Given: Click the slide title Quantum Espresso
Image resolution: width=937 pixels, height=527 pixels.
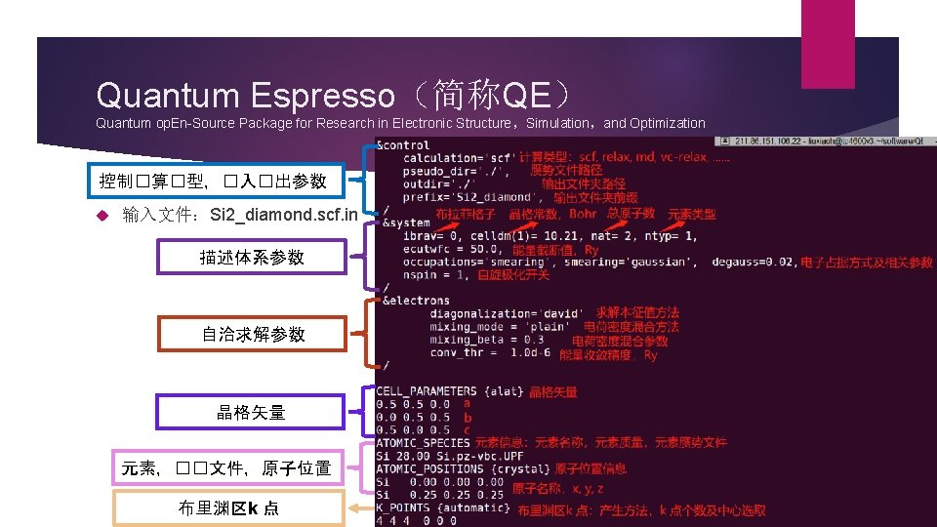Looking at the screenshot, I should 244,96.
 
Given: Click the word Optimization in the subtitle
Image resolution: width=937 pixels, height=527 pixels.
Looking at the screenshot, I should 668,123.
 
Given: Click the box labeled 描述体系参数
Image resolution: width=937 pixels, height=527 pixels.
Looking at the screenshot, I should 252,258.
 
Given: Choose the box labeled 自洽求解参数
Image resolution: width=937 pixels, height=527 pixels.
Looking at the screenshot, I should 253,335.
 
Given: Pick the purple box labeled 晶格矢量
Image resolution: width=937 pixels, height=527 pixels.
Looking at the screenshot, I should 251,412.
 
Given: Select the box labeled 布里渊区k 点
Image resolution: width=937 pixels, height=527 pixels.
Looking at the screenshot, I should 228,507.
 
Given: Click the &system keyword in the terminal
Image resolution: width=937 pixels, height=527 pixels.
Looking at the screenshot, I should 406,223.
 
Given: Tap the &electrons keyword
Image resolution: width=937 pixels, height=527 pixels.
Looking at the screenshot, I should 417,301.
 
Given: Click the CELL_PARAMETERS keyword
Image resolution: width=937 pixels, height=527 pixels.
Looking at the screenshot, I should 426,391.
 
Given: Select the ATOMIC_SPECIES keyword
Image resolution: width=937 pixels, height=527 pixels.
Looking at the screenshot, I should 423,443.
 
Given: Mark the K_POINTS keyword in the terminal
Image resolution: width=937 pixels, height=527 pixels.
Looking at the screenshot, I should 406,508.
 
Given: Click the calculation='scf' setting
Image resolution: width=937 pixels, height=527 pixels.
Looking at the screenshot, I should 458,158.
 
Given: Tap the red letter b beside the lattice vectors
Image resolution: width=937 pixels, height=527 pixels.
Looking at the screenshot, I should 468,417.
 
